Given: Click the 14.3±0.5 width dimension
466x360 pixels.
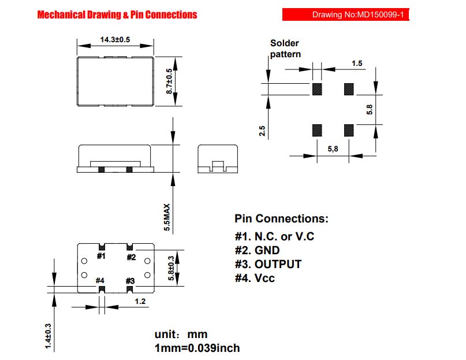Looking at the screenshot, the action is (x=115, y=39).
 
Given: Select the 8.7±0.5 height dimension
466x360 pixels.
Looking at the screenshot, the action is (x=169, y=81).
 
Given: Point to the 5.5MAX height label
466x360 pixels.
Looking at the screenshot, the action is (x=167, y=217).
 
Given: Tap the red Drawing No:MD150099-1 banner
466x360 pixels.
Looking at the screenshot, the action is (x=346, y=14).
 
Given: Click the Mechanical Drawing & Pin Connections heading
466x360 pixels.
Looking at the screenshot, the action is (x=117, y=14).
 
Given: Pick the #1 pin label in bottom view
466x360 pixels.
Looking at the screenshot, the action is (x=101, y=256).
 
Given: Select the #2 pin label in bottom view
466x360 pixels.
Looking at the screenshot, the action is (x=131, y=257).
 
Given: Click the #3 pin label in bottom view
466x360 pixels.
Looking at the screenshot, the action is (x=130, y=281).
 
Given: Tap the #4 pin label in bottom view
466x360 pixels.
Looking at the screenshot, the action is (x=100, y=280).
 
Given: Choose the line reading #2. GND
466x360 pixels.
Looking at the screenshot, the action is (x=257, y=250).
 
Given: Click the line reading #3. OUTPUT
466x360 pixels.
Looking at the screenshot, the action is (x=268, y=264).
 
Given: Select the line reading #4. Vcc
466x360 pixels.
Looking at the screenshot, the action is (x=255, y=278).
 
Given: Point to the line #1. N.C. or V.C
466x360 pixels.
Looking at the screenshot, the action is (x=274, y=236).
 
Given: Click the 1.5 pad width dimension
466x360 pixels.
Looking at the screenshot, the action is (x=357, y=64).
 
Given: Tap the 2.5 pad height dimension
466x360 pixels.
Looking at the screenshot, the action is (x=262, y=131).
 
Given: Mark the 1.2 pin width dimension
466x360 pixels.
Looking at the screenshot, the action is (x=140, y=302).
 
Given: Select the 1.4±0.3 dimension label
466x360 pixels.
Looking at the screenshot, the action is (x=48, y=336).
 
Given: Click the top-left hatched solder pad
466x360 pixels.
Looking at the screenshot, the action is (x=317, y=89).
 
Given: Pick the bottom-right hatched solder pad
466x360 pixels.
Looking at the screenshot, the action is (x=349, y=131).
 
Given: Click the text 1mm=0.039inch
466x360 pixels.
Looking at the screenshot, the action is (x=197, y=348).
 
